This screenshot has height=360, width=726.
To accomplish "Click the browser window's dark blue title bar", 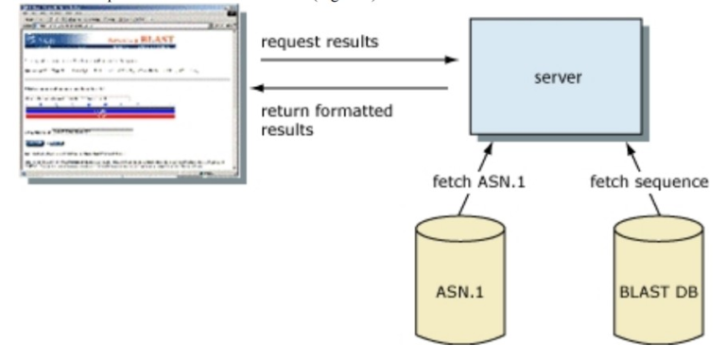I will (x=113, y=7).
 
